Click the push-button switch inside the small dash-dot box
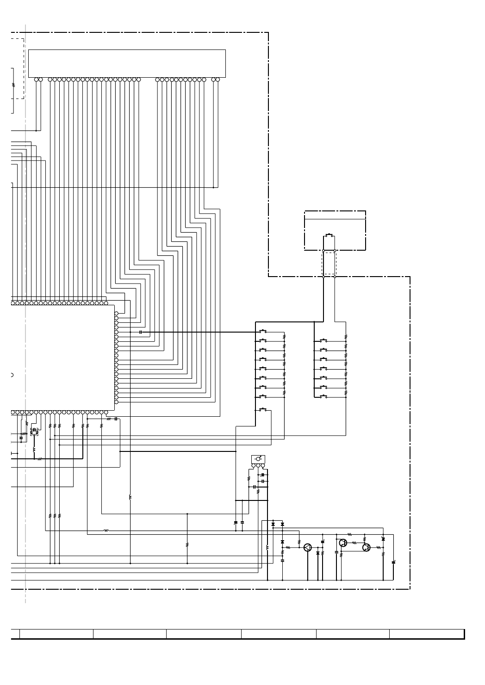pyautogui.click(x=329, y=235)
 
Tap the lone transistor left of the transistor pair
pyautogui.click(x=308, y=548)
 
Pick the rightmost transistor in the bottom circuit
pyautogui.click(x=366, y=548)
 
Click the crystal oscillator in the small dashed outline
pyautogui.click(x=34, y=432)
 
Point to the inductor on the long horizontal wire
pyautogui.click(x=106, y=531)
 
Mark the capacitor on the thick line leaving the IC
pyautogui.click(x=141, y=332)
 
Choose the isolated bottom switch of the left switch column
pyautogui.click(x=263, y=410)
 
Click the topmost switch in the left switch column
pyautogui.click(x=263, y=331)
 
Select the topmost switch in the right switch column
pyautogui.click(x=323, y=340)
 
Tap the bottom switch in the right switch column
pyautogui.click(x=323, y=396)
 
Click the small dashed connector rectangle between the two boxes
pyautogui.click(x=329, y=263)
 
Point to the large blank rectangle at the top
pyautogui.click(x=127, y=63)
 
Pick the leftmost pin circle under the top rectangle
pyautogui.click(x=36, y=80)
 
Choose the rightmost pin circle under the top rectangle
pyautogui.click(x=218, y=80)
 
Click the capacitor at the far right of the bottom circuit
pyautogui.click(x=393, y=562)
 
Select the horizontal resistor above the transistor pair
pyautogui.click(x=349, y=534)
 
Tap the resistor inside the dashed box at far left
pyautogui.click(x=13, y=86)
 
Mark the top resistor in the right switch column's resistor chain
pyautogui.click(x=346, y=337)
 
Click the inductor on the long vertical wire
pyautogui.click(x=130, y=498)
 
